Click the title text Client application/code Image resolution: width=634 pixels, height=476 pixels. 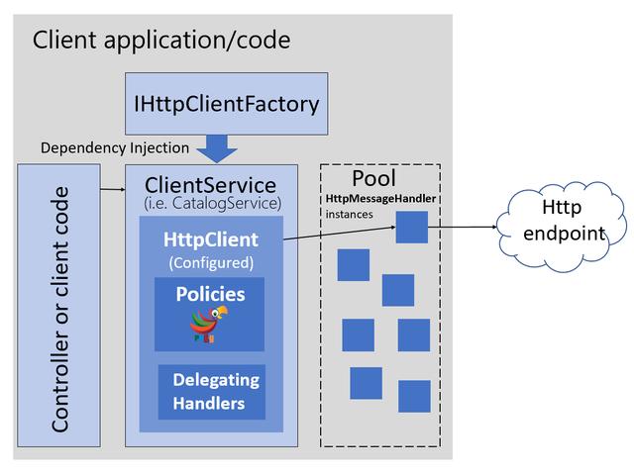point(161,41)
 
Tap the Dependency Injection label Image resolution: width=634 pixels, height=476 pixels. point(115,147)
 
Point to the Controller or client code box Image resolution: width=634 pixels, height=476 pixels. point(60,307)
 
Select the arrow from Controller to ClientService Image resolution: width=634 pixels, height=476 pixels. point(112,185)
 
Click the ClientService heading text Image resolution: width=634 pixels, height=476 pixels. point(211,185)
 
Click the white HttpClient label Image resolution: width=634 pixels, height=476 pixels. point(211,239)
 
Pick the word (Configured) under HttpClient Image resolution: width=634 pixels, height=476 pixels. point(211,262)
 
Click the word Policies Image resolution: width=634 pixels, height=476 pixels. point(210,294)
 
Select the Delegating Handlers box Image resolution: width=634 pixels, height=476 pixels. point(212,391)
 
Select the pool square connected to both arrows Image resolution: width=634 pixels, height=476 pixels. point(411,227)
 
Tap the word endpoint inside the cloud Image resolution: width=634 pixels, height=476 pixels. point(562,235)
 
